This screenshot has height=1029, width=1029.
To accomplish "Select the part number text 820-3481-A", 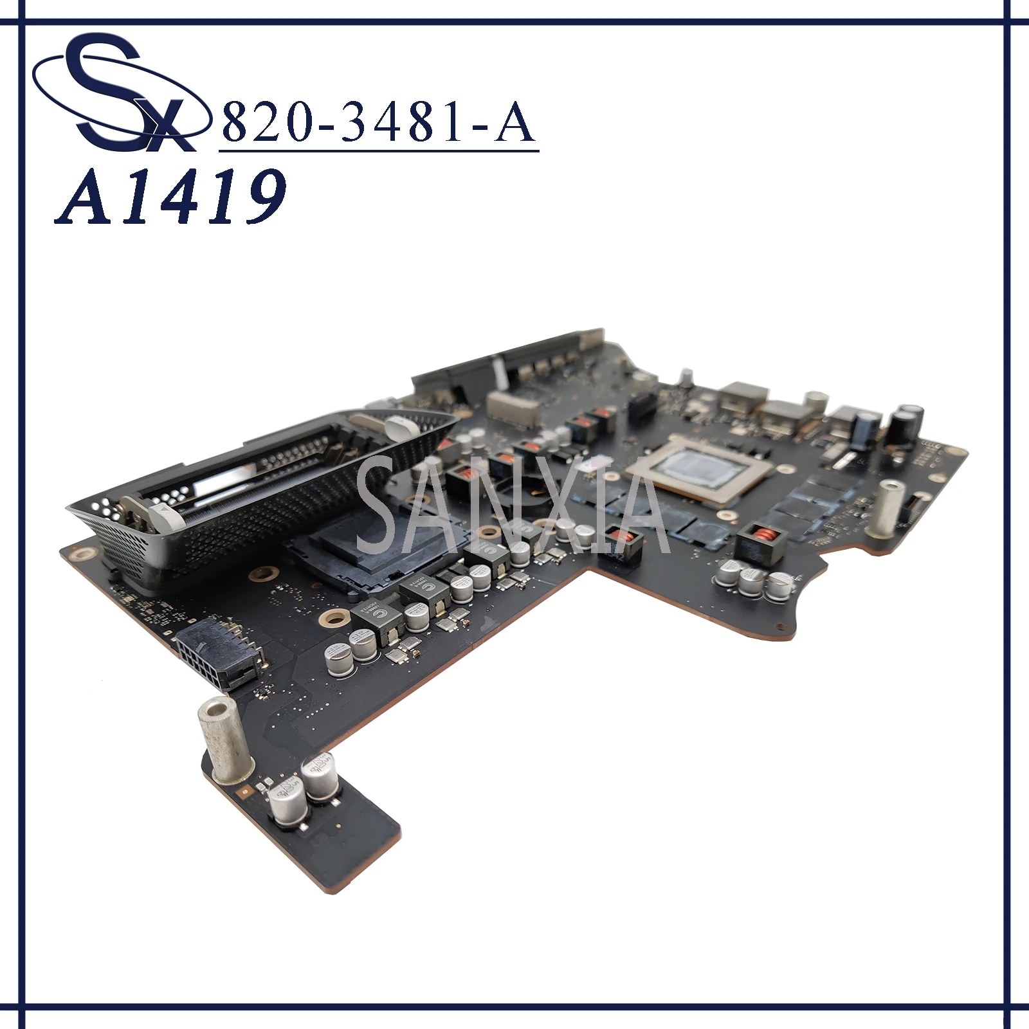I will [x=378, y=122].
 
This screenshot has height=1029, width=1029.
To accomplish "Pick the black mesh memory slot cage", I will [x=257, y=489].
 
